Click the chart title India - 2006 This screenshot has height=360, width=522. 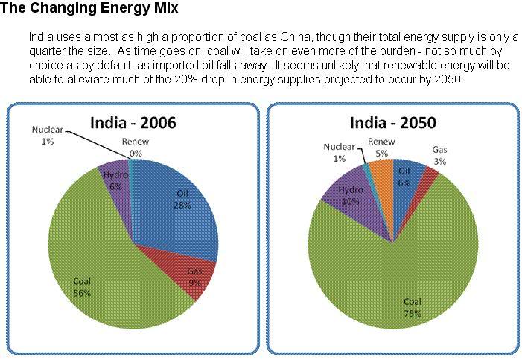coord(133,123)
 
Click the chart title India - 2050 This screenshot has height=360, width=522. coord(394,123)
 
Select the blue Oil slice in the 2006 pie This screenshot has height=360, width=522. coord(179,201)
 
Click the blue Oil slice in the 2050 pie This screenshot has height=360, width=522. coord(406,176)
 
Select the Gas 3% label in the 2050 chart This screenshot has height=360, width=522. coord(440,155)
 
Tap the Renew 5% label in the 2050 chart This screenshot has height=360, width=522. coord(381,147)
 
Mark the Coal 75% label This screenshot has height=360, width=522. coord(413,308)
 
